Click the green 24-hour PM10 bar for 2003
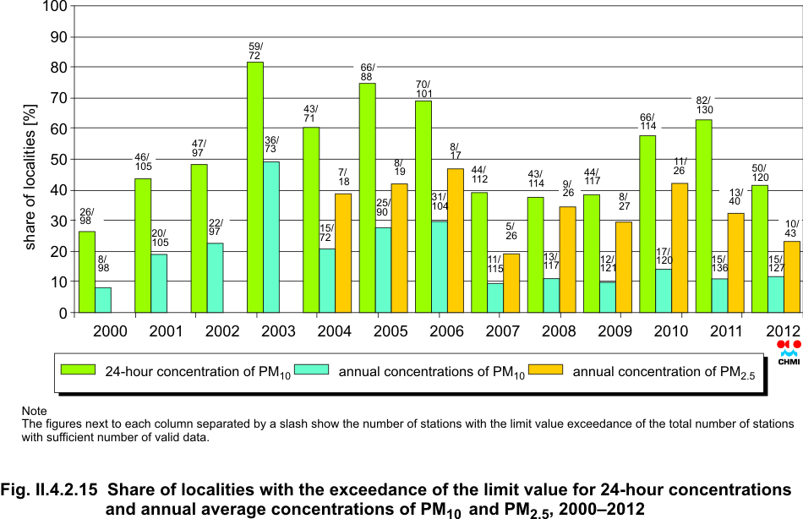click(255, 187)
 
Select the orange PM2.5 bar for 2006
click(456, 241)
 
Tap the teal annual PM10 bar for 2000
click(103, 300)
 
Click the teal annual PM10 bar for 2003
click(271, 237)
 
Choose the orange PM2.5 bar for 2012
click(791, 276)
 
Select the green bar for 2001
click(143, 245)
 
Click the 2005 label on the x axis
click(391, 331)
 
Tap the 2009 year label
click(615, 331)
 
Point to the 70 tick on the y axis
click(57, 98)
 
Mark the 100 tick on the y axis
click(54, 7)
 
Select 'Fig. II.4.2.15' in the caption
click(49, 489)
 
